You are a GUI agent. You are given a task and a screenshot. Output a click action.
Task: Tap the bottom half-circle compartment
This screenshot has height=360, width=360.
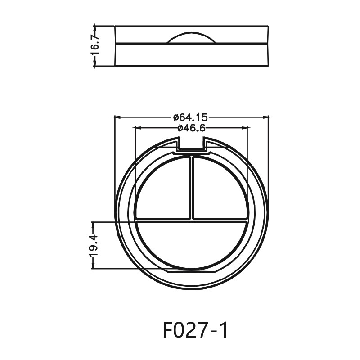pos(192,245)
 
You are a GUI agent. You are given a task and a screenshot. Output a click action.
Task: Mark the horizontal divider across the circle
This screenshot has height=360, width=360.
pos(192,220)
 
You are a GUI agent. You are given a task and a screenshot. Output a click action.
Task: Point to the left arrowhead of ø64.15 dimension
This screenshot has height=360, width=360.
pos(117,117)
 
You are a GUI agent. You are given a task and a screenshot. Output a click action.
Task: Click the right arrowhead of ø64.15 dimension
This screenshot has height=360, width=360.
pos(266,117)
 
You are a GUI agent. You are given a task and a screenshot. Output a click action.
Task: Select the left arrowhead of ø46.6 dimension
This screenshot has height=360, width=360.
pos(138,128)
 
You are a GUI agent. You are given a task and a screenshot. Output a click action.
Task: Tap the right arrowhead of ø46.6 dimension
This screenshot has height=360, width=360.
pos(245,128)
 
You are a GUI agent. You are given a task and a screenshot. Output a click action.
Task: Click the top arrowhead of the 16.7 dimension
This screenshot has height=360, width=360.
pos(94,27)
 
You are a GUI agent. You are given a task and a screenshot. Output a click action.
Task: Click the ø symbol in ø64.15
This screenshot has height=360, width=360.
pos(176,117)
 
